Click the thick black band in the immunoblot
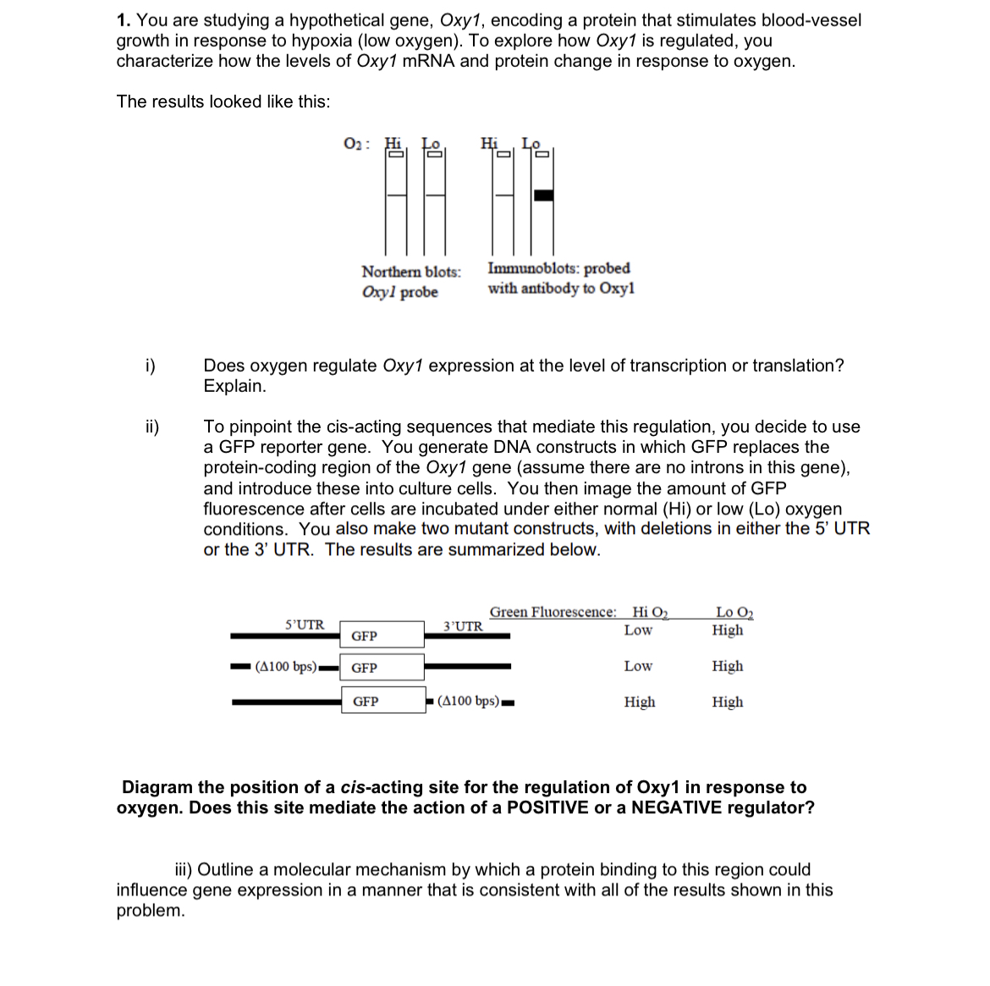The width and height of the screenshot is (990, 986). tap(543, 196)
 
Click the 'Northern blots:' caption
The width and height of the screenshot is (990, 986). tap(411, 272)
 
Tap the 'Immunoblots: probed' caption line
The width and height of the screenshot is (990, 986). tap(558, 268)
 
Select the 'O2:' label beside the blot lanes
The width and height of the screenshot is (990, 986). tap(356, 144)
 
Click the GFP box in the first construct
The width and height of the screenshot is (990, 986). tap(382, 636)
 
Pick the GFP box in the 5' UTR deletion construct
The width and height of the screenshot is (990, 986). tap(382, 668)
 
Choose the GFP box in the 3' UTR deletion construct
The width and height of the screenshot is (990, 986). tap(383, 701)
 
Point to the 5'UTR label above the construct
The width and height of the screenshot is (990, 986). tap(305, 625)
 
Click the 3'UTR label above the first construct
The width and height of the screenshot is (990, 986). tap(463, 626)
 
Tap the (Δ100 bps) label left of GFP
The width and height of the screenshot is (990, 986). tap(286, 667)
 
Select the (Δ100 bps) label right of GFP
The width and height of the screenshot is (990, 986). tap(470, 701)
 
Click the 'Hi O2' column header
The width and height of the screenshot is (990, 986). tap(650, 612)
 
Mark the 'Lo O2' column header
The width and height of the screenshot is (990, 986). tap(734, 612)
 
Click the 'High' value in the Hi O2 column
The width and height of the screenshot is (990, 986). tap(640, 702)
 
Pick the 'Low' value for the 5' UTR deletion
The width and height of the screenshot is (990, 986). tap(638, 666)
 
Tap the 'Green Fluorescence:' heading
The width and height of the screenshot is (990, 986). tap(553, 612)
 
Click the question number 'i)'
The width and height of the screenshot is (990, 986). tap(149, 366)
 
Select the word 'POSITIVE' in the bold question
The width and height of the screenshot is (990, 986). tap(547, 807)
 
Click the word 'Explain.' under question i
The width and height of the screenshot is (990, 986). tap(234, 386)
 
